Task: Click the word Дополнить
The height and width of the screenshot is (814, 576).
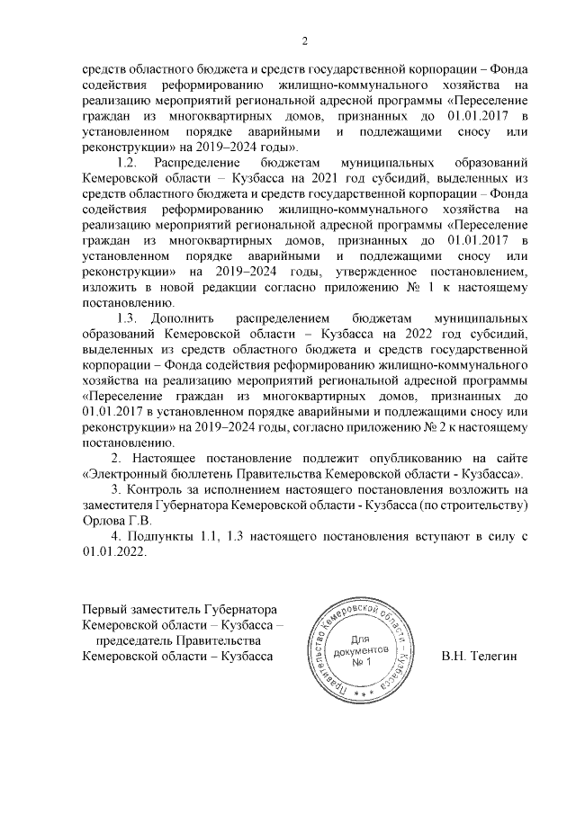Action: (182, 318)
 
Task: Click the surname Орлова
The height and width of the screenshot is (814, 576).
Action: (102, 520)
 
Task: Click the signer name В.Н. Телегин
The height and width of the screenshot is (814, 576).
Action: (480, 657)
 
